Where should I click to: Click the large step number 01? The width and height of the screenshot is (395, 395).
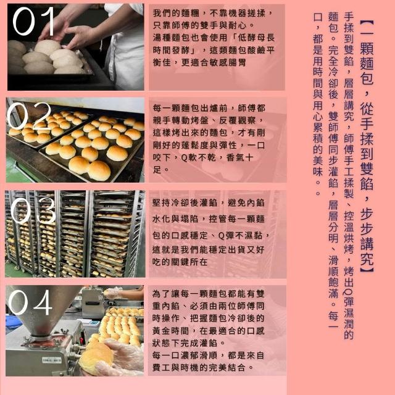coord(33,21)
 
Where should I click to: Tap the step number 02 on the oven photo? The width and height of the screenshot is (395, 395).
coord(29,116)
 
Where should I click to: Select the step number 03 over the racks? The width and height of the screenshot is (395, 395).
coord(33,210)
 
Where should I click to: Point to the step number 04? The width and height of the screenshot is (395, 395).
coord(30,302)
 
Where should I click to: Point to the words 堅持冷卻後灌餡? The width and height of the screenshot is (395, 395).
coord(185,203)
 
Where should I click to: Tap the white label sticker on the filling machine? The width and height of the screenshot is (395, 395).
coord(51,360)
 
